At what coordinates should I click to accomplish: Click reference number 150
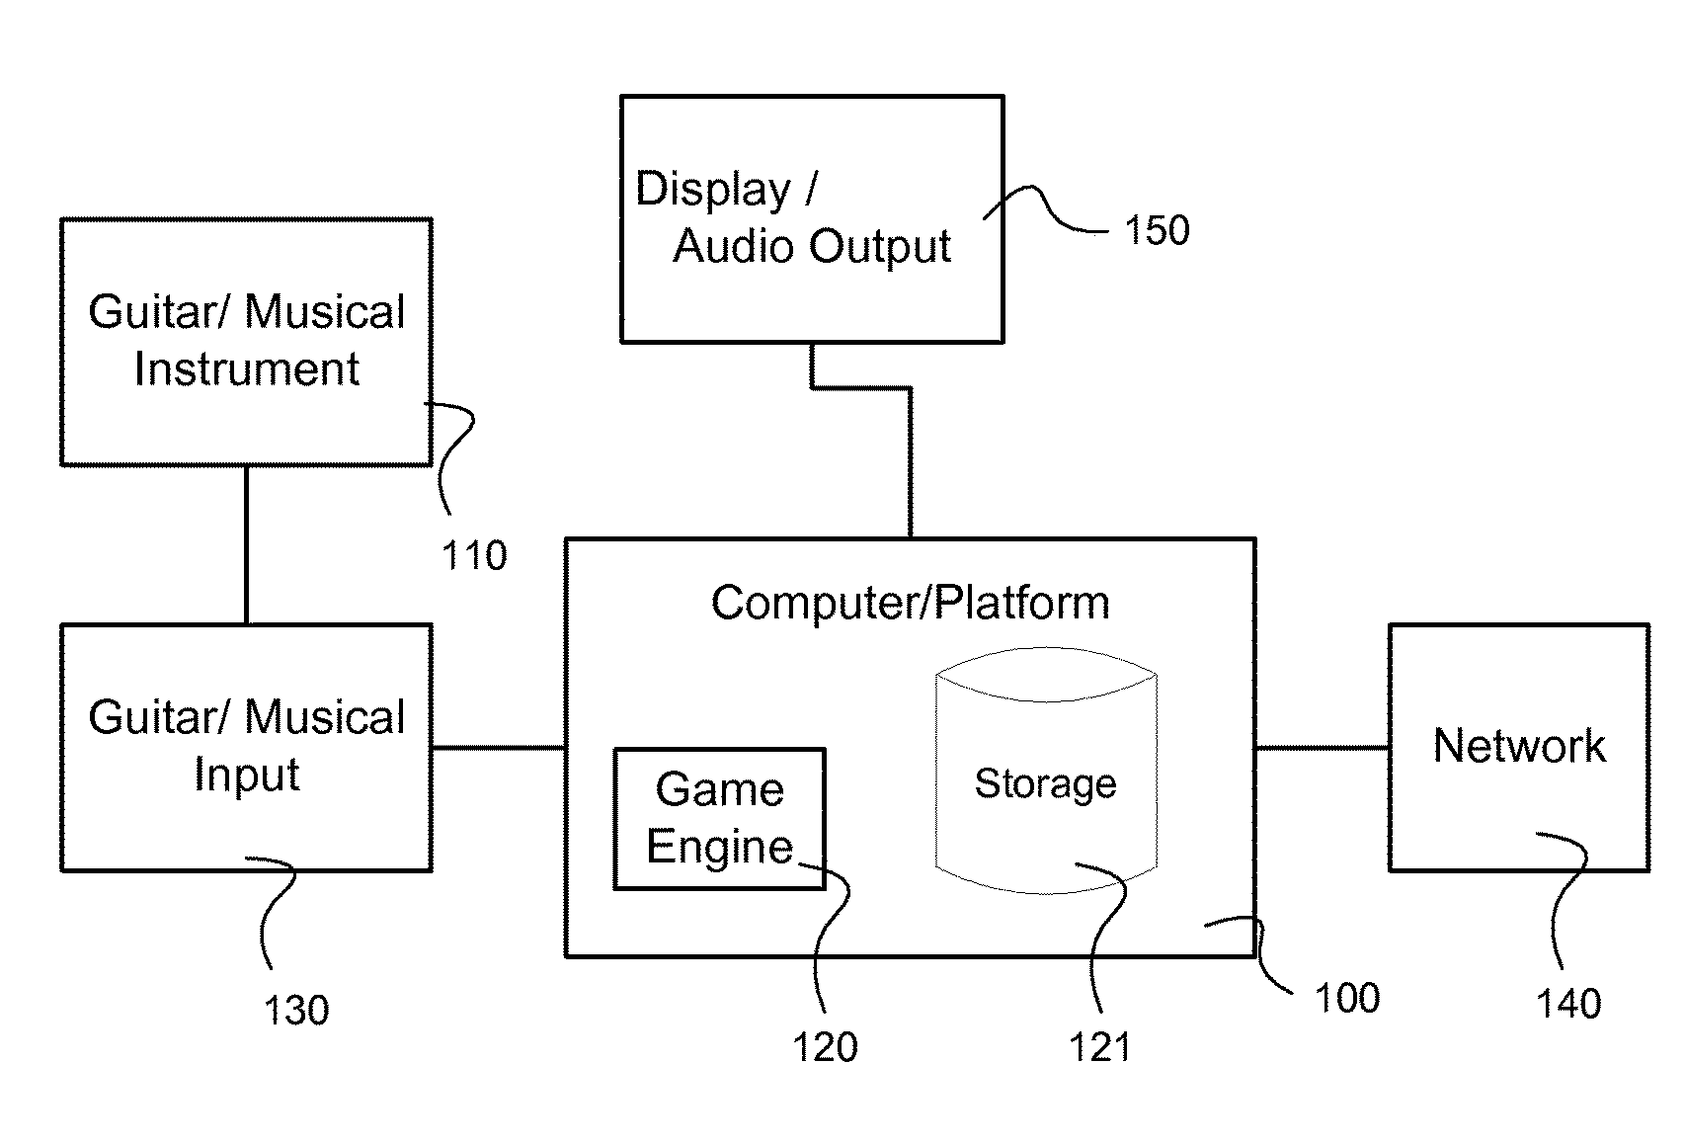tap(1157, 231)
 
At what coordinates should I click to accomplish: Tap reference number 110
tap(474, 556)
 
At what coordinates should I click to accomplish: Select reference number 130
tap(295, 1010)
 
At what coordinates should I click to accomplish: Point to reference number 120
tap(825, 1047)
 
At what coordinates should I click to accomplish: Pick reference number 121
tap(1099, 1047)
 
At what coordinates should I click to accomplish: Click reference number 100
tap(1347, 999)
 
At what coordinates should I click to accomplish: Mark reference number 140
tap(1568, 1004)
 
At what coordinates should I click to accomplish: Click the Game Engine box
tap(719, 818)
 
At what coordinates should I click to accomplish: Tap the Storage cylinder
tap(1046, 771)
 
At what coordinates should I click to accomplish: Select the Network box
tap(1518, 747)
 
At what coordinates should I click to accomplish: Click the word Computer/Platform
tap(910, 603)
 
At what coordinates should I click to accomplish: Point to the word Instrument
tap(247, 369)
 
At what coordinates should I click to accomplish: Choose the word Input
tap(247, 775)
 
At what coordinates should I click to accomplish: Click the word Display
tap(713, 189)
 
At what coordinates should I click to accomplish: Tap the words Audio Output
tap(812, 246)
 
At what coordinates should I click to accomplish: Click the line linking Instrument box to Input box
tap(246, 544)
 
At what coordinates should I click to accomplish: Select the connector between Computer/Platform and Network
tap(1322, 748)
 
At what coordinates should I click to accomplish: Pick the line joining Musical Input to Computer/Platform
tap(499, 748)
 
